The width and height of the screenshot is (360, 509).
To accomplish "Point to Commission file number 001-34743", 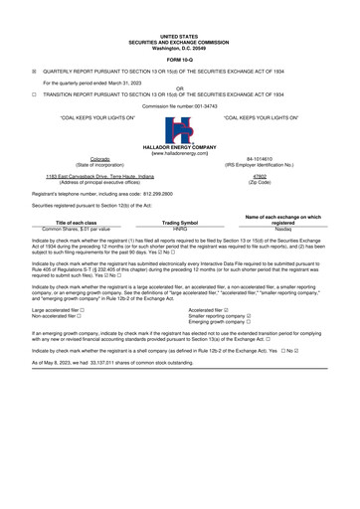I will pyautogui.click(x=180, y=104).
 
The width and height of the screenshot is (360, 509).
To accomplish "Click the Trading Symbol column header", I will pyautogui.click(x=180, y=223).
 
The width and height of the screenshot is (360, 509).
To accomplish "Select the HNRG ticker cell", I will pyautogui.click(x=180, y=230).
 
